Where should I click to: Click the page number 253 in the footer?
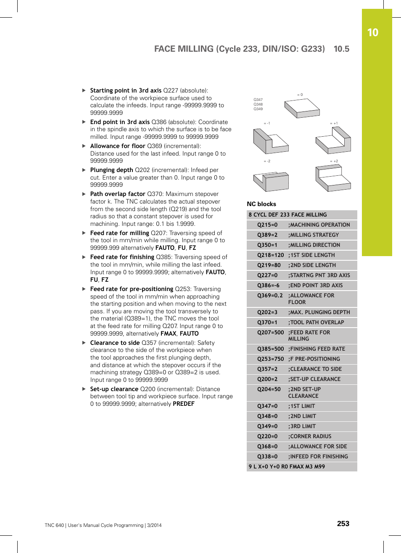[x=343, y=524]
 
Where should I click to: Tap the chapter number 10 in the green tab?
[x=372, y=33]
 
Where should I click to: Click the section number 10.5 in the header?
[x=341, y=49]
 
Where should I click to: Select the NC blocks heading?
[x=261, y=204]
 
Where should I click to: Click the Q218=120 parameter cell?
[x=270, y=255]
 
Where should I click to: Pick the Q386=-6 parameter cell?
[x=268, y=285]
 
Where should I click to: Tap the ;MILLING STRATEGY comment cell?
[x=313, y=235]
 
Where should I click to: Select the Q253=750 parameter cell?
[x=270, y=359]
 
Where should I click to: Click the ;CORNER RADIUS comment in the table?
[x=310, y=436]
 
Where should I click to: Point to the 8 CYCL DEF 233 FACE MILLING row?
[x=288, y=214]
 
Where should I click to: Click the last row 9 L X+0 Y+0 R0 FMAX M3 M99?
[x=287, y=466]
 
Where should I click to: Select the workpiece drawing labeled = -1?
[x=270, y=141]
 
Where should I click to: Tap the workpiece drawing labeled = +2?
[x=333, y=178]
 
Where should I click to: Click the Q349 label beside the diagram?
[x=258, y=109]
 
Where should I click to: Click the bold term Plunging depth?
[x=111, y=170]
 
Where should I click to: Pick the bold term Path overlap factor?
[x=118, y=194]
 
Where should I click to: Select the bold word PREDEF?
[x=183, y=404]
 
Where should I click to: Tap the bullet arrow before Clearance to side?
[x=84, y=343]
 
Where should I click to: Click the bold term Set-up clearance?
[x=114, y=389]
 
